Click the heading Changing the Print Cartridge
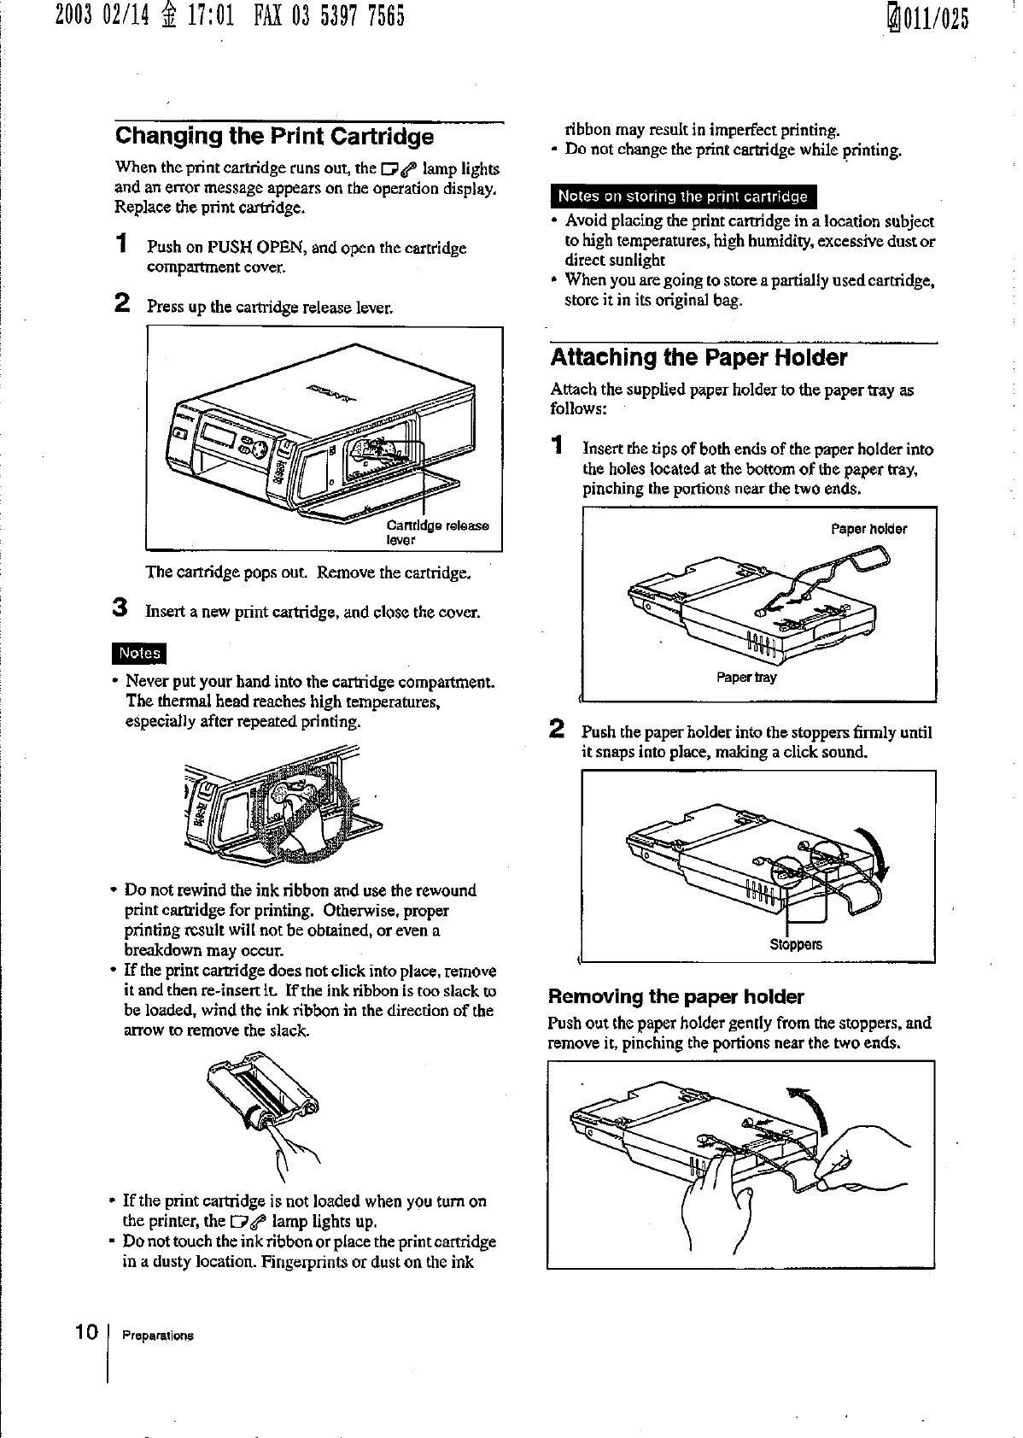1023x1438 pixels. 274,136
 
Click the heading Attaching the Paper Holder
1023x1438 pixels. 699,357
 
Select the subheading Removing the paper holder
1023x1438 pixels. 675,997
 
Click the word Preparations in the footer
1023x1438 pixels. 158,1335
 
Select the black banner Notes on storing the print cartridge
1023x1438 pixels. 682,197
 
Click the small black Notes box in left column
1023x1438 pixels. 140,653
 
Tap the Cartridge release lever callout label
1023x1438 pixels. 437,531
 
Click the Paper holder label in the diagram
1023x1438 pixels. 868,529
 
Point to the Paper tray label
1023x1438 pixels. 746,678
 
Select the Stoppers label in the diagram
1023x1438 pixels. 796,945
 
